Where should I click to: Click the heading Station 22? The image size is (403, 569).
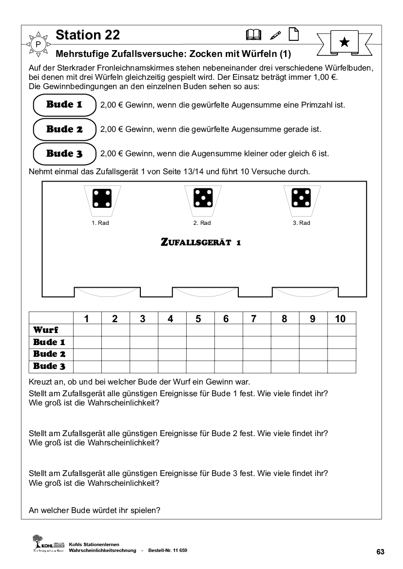(x=88, y=35)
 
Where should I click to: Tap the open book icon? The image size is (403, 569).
(x=254, y=35)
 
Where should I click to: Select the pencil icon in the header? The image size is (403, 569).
(x=275, y=35)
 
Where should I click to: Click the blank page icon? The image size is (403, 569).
(x=293, y=34)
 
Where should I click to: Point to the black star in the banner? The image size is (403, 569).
(x=344, y=42)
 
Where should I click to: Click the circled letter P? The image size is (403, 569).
(x=38, y=45)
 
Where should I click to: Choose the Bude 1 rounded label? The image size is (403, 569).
(x=64, y=105)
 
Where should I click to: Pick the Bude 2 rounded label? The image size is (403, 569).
(x=64, y=129)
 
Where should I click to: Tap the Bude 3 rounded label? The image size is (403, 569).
(x=64, y=154)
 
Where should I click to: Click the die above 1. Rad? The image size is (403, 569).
(x=102, y=198)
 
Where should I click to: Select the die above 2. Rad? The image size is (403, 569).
(x=202, y=198)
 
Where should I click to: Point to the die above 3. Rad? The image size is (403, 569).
(x=301, y=198)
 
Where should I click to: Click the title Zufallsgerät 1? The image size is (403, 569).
(x=201, y=242)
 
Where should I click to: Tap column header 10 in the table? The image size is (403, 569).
(x=341, y=319)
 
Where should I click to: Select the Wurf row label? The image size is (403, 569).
(x=46, y=330)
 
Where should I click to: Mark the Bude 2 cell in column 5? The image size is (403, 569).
(x=198, y=354)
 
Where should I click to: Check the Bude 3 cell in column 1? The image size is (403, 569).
(x=87, y=367)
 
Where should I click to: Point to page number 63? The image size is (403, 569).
(x=381, y=552)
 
